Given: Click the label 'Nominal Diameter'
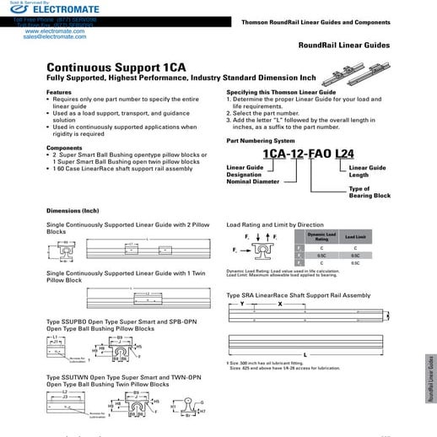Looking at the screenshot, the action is tap(251, 182).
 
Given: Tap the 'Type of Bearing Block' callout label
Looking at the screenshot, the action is tap(370, 192).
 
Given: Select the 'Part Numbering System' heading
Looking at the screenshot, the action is tap(262, 140).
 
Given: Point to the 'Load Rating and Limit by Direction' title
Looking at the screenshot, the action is tap(275, 225).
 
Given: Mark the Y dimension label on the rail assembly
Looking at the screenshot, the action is tap(241, 303).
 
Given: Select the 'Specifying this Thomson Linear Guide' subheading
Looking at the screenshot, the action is tap(282, 92).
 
